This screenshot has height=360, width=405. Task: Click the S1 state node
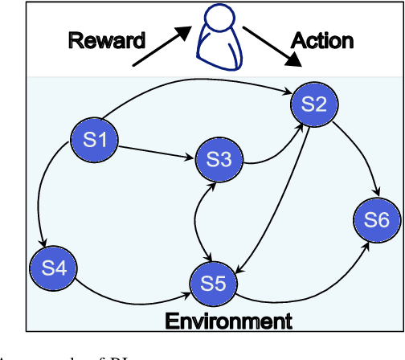pos(96,140)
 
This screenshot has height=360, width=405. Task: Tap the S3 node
pos(218,160)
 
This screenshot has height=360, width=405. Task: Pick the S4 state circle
pos(52,268)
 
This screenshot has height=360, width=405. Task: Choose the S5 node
pos(213,282)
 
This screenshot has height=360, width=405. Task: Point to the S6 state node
pos(375,220)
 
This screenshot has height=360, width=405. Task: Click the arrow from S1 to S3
pos(157,150)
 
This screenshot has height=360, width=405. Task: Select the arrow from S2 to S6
pos(354,153)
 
